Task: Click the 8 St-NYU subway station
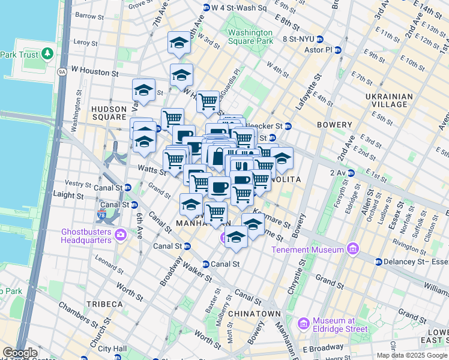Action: click(321, 39)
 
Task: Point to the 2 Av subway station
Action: click(351, 173)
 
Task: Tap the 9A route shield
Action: click(62, 73)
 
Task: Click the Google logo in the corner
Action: click(20, 353)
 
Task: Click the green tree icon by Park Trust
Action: click(48, 55)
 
